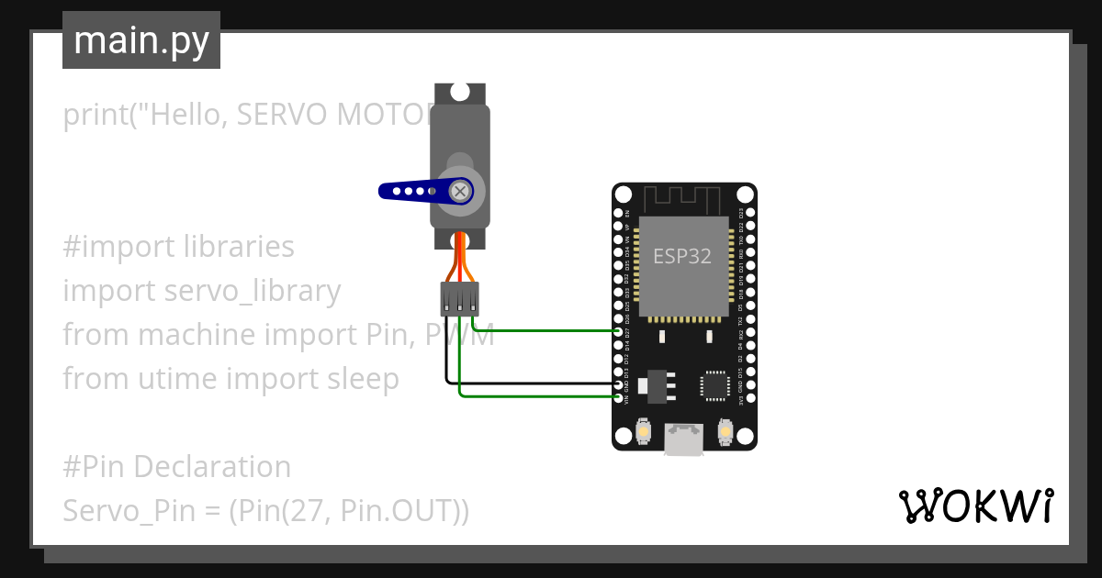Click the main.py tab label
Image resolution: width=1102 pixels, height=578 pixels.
(x=141, y=40)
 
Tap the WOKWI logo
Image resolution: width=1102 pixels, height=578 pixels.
(x=975, y=506)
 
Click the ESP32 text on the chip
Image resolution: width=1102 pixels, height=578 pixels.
(x=682, y=256)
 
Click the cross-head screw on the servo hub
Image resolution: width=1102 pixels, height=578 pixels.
(x=460, y=191)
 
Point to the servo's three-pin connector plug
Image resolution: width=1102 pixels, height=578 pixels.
(x=460, y=298)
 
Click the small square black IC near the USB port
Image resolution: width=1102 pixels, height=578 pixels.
(x=716, y=385)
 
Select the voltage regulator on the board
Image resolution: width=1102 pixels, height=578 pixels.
(x=657, y=385)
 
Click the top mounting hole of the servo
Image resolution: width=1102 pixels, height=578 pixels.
(x=460, y=92)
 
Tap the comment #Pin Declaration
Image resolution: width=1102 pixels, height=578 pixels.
(x=177, y=466)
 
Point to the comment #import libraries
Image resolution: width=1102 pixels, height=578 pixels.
(x=179, y=247)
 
